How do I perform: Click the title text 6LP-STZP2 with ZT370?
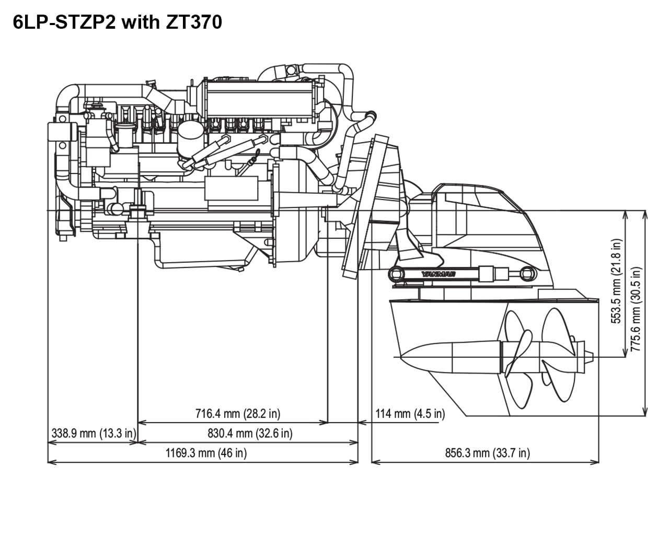(118, 22)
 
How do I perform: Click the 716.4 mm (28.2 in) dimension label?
(238, 414)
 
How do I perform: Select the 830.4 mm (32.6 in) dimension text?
(249, 433)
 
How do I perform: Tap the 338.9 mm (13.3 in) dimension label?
(94, 433)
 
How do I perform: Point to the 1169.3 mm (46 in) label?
(206, 452)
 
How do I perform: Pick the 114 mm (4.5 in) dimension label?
(410, 414)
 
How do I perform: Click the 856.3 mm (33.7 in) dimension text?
(487, 453)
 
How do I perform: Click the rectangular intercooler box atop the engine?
(261, 99)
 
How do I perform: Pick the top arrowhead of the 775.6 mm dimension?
(646, 213)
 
